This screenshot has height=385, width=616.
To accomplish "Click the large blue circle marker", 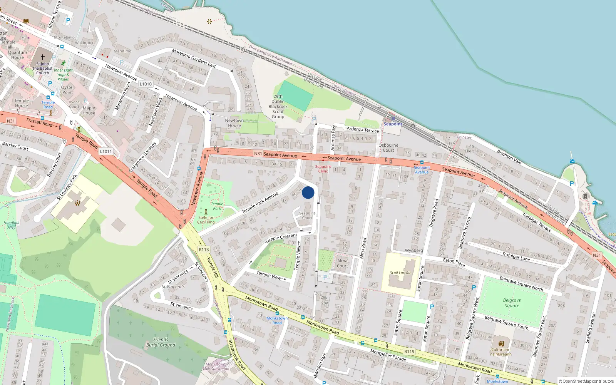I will [x=308, y=192].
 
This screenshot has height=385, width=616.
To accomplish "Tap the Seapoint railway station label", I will [x=393, y=124].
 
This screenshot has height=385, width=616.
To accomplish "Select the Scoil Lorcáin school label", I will [x=400, y=273].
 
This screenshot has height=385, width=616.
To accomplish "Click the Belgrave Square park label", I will [x=512, y=303].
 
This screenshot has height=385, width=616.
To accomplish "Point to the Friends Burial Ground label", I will [x=161, y=342].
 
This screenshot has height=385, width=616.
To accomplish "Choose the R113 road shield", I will [x=204, y=249].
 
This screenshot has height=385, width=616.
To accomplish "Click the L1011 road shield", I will [x=106, y=151].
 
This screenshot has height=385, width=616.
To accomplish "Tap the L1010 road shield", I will [x=146, y=84].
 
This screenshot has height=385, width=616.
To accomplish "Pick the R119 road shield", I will [x=409, y=352].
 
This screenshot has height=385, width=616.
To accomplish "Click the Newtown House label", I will [x=234, y=123].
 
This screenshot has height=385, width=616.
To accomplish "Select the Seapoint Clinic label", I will [x=323, y=169].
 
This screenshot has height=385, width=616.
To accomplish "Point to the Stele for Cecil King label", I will [x=206, y=220].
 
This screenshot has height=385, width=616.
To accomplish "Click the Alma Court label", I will [x=342, y=263].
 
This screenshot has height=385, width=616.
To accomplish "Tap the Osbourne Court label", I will [x=388, y=148].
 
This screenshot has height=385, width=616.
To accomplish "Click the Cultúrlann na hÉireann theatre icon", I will [x=501, y=343].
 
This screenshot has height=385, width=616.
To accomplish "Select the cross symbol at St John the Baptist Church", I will [x=43, y=57].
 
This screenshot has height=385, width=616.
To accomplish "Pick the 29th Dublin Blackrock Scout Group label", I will [x=278, y=107].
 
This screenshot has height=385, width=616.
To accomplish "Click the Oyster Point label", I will [x=67, y=90].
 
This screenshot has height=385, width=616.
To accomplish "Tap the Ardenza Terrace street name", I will [x=363, y=129].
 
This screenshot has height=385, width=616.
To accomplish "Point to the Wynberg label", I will [x=414, y=251].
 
